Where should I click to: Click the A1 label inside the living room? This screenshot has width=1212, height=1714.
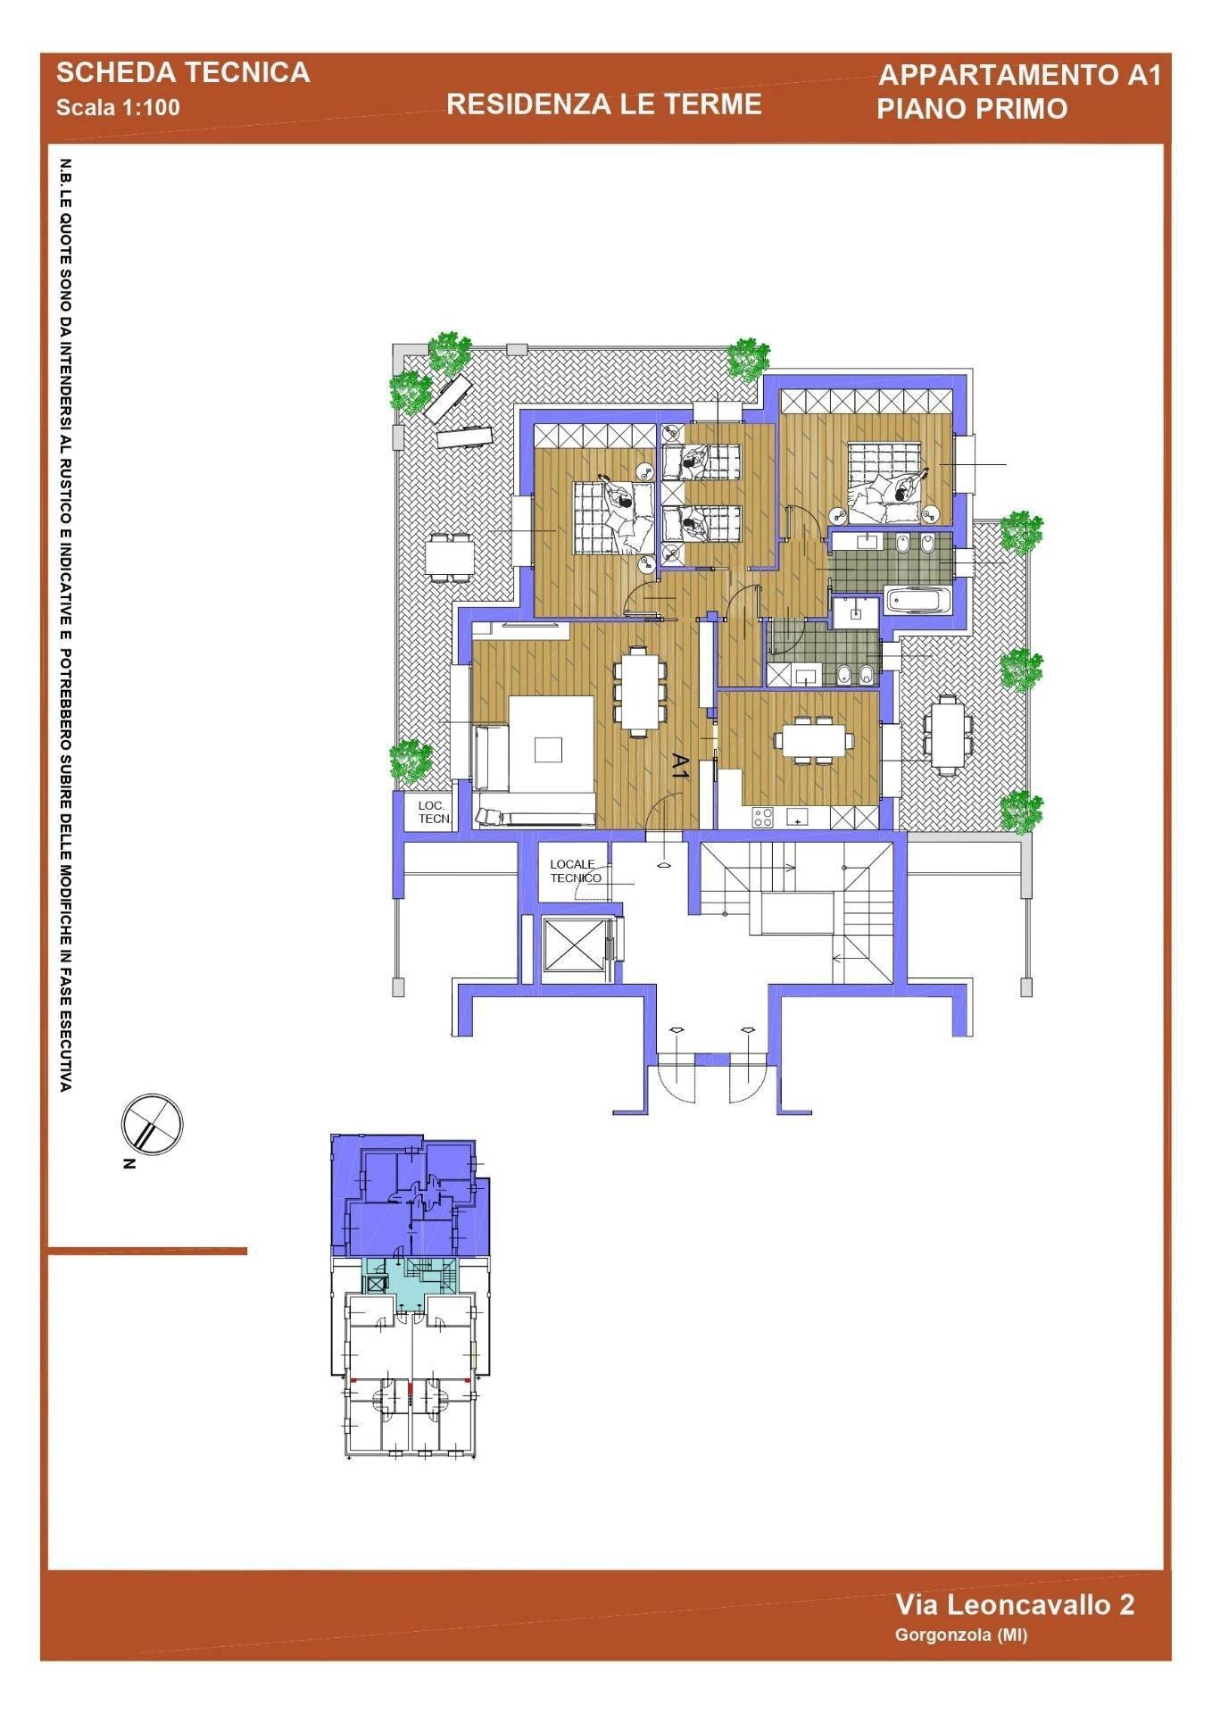(x=679, y=767)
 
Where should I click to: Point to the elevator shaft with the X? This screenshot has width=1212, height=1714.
(x=573, y=944)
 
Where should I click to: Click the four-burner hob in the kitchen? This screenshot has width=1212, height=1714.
(x=763, y=817)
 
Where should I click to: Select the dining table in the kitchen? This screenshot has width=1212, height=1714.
(x=813, y=740)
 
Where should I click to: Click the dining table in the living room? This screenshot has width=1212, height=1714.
(x=639, y=690)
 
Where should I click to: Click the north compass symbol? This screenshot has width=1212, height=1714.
(x=152, y=1125)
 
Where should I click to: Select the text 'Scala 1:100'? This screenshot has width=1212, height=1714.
(x=118, y=108)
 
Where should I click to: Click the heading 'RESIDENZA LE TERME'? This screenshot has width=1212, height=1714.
(x=603, y=104)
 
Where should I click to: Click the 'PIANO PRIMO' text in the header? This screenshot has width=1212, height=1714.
(x=972, y=109)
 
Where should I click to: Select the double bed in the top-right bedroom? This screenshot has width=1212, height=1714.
(x=888, y=484)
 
